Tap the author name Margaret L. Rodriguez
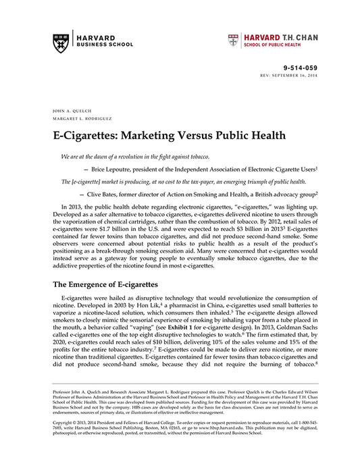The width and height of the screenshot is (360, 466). tap(80, 117)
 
